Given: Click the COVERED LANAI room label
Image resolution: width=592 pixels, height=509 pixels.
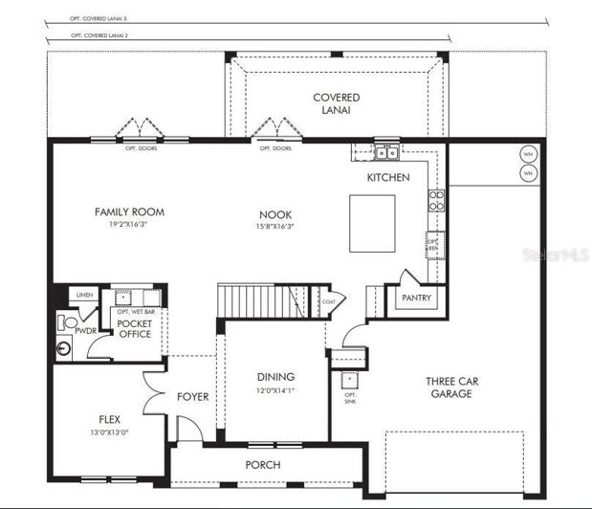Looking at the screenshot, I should click(337, 103).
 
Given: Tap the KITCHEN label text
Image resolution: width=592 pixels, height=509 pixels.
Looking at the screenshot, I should click(388, 178).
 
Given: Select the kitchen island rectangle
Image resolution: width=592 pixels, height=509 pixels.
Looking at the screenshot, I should click(372, 224).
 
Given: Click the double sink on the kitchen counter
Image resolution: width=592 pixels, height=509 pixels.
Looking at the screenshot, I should click(386, 152).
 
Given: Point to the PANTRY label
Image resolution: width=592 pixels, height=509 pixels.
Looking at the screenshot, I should click(417, 298).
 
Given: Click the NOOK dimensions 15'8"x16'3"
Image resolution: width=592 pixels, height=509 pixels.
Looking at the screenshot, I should click(275, 227).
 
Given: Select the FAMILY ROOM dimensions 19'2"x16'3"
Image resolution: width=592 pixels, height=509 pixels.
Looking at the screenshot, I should click(128, 225).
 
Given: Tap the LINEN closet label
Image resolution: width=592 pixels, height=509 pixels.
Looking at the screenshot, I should click(83, 295).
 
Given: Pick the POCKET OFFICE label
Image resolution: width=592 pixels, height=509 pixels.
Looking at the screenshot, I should click(135, 329).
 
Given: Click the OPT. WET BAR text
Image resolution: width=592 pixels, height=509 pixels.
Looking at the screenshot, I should click(135, 312).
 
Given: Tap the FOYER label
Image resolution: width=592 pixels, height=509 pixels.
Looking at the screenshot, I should click(192, 396).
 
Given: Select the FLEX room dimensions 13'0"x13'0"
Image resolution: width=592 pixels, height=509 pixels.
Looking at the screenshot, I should click(108, 432).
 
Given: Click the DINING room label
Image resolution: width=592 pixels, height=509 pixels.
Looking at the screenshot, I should click(275, 377).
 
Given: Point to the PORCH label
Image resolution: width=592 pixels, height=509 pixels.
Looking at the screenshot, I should click(263, 465).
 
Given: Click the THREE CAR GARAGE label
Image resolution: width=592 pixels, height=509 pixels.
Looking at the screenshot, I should click(451, 387).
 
